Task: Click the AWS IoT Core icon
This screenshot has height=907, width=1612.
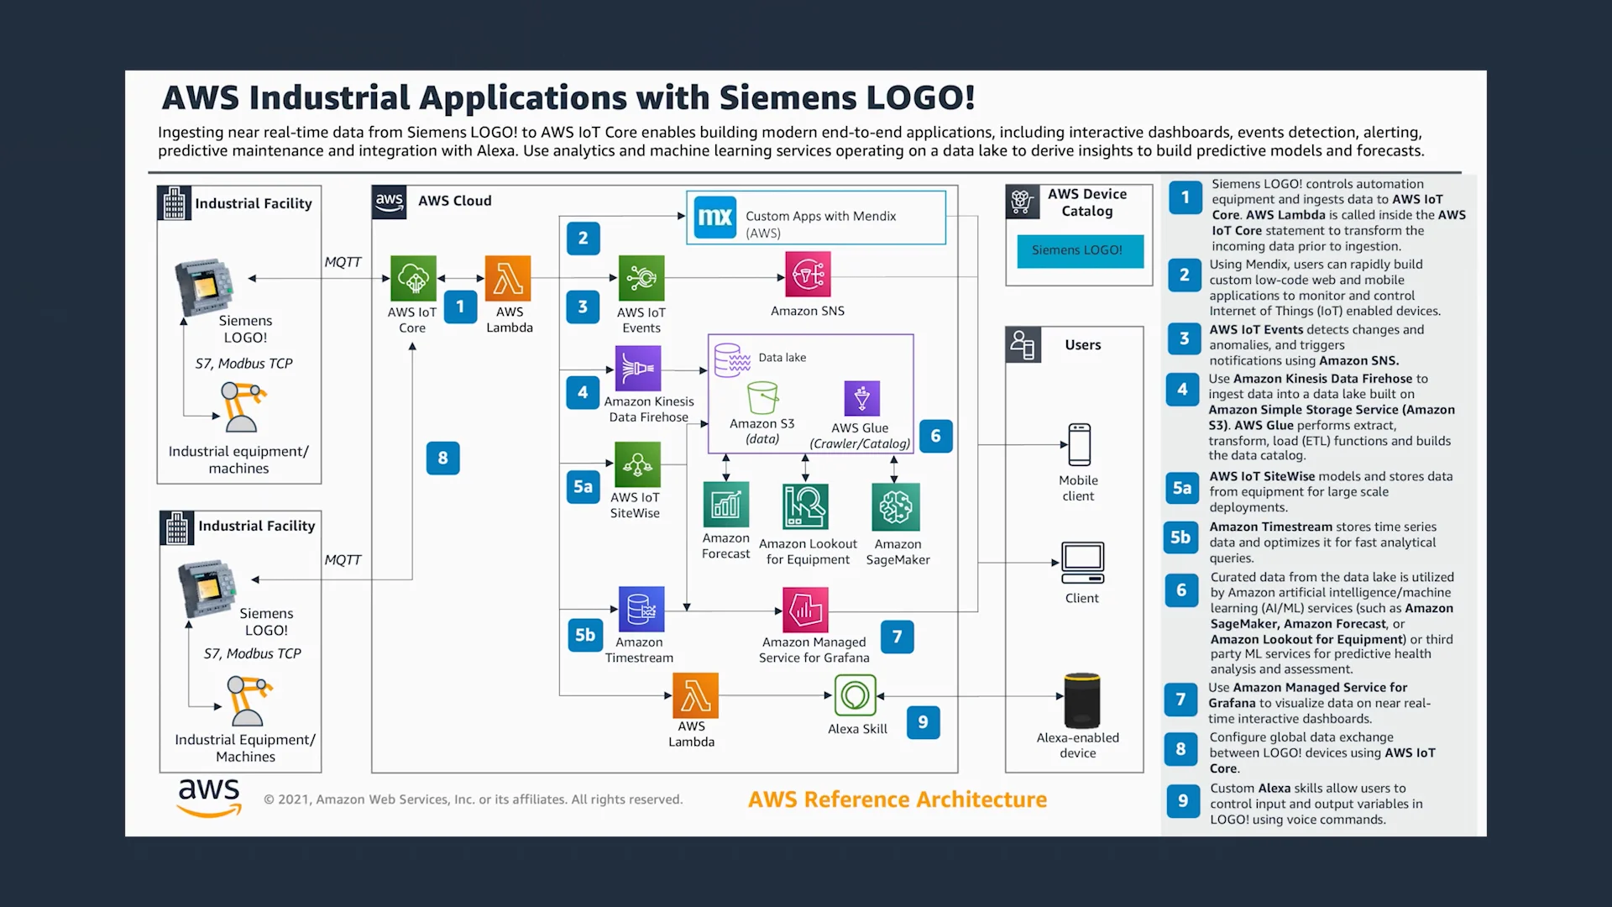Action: pos(413,278)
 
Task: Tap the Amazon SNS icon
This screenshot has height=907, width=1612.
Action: pos(808,274)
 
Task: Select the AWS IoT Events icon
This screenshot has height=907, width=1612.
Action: pos(641,278)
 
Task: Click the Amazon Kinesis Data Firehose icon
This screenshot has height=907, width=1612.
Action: pos(638,368)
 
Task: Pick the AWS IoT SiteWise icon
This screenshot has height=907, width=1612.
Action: pos(637,464)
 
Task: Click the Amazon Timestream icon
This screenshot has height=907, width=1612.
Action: pos(641,609)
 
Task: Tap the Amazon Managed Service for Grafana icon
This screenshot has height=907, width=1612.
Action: pos(805,610)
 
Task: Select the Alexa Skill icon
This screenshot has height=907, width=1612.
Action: pos(856,695)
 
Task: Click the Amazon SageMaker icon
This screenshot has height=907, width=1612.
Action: pos(896,506)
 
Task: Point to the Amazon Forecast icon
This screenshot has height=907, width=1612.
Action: pos(726,504)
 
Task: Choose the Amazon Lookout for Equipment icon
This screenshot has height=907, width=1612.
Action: pos(806,506)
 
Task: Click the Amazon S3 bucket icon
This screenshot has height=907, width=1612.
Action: pos(762,398)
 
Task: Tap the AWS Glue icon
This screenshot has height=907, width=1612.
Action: pos(862,398)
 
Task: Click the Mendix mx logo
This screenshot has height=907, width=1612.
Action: pos(715,218)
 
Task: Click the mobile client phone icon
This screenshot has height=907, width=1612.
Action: pos(1080,444)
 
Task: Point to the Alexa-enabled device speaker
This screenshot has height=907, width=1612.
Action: pos(1082,700)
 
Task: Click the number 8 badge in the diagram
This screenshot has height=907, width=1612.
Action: pos(443,459)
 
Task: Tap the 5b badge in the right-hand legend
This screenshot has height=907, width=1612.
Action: pos(1181,537)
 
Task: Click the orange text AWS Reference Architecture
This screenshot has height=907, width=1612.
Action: pos(898,800)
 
